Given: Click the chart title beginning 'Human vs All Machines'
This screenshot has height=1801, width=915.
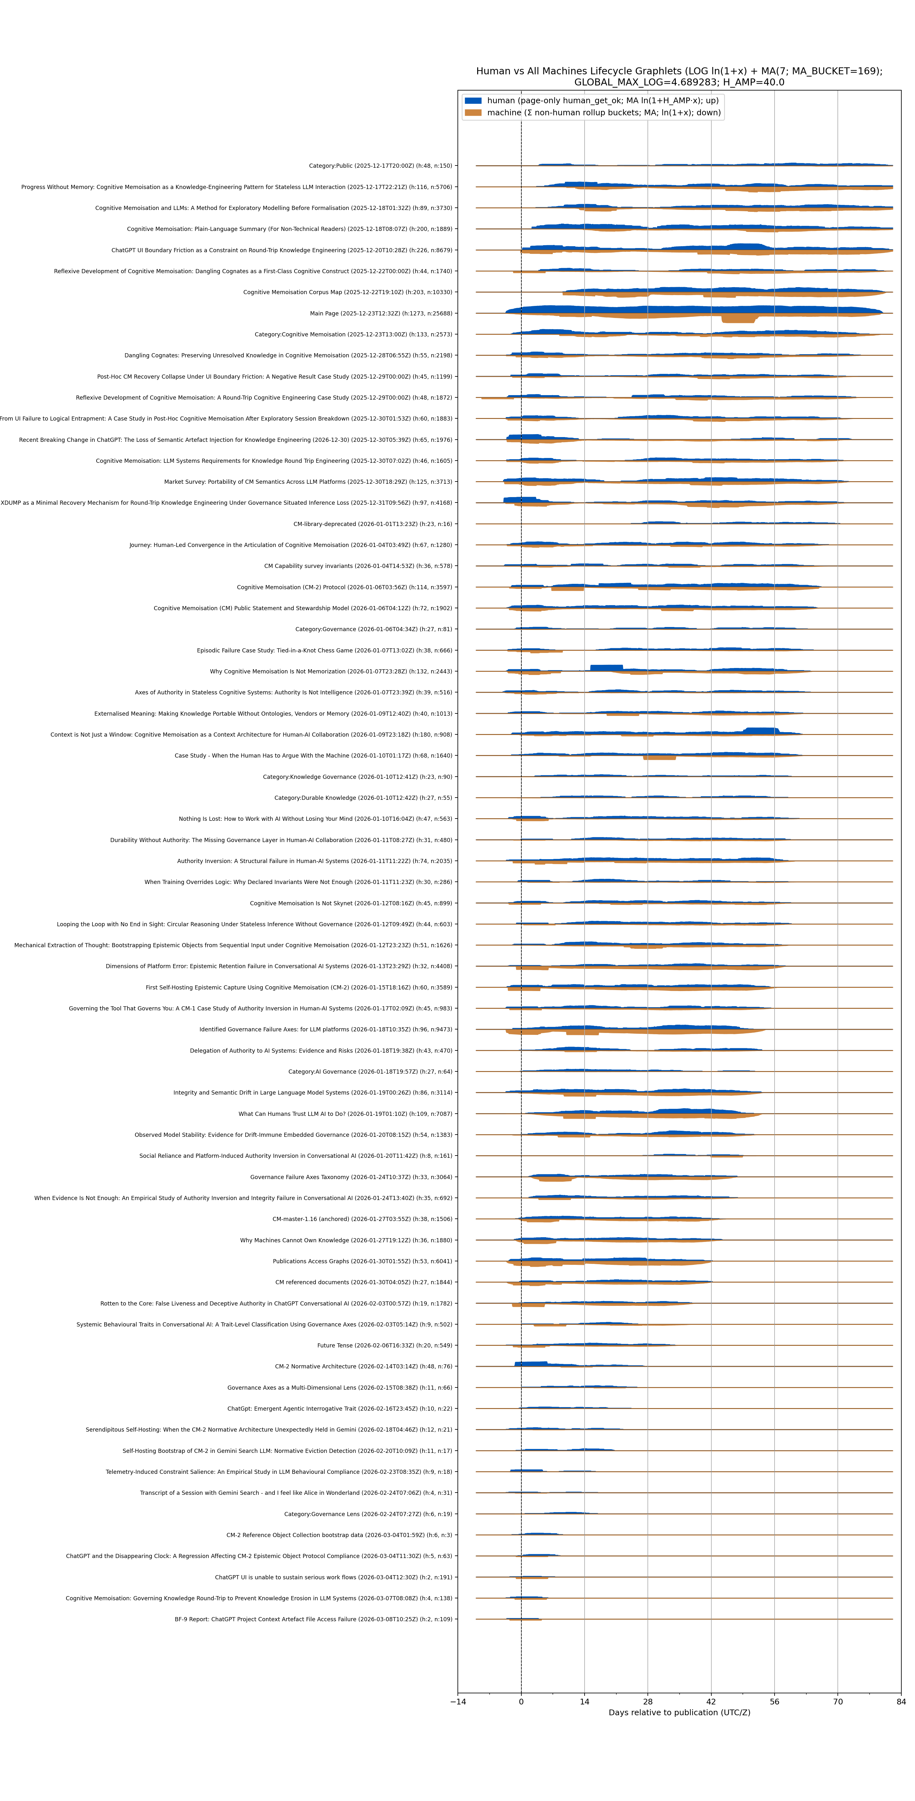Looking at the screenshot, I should (x=679, y=76).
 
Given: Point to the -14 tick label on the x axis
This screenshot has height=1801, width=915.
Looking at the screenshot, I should (x=457, y=1702).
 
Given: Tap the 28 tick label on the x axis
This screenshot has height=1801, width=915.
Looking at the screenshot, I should (x=648, y=1702).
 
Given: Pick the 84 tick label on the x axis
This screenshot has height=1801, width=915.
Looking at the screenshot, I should (x=900, y=1702).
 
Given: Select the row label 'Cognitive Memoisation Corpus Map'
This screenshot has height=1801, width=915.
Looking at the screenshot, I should (x=347, y=292).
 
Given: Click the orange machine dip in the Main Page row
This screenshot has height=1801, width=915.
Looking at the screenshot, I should (x=739, y=319).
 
